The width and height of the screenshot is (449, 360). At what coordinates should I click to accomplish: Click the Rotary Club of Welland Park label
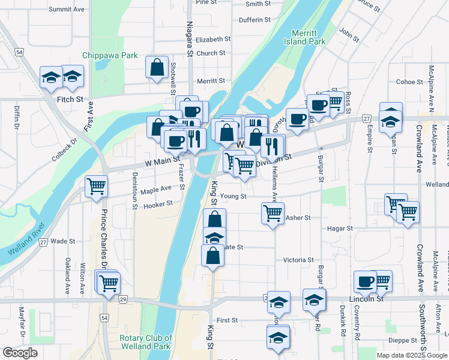pyautogui.click(x=146, y=342)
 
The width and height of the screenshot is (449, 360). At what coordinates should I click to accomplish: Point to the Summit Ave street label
pyautogui.click(x=67, y=10)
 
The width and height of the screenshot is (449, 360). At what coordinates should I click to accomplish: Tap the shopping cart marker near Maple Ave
pyautogui.click(x=96, y=187)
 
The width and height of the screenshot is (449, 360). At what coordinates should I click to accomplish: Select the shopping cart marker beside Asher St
pyautogui.click(x=273, y=212)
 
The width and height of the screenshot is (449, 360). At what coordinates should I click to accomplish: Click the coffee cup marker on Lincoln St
pyautogui.click(x=365, y=281)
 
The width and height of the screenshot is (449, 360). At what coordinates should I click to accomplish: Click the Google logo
pyautogui.click(x=20, y=353)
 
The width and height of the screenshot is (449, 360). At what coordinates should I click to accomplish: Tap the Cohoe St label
pyautogui.click(x=410, y=82)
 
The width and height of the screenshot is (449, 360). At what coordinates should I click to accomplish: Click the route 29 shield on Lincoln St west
pyautogui.click(x=123, y=298)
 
